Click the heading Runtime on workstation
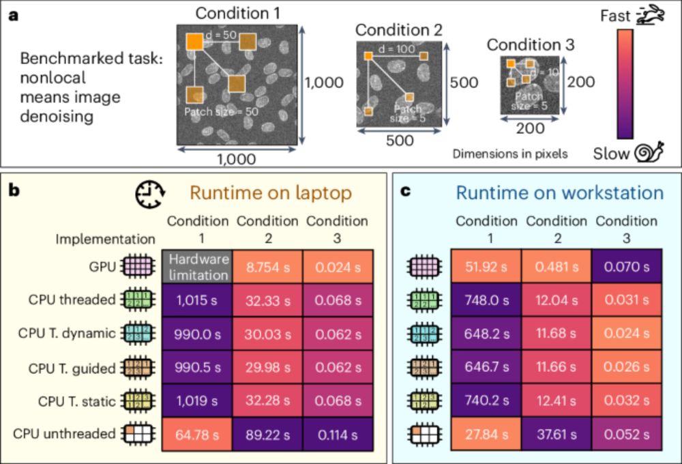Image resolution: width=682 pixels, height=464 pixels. (559, 193)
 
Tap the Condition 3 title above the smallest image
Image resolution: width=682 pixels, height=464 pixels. (530, 45)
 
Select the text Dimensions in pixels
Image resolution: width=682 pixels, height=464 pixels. (509, 154)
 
